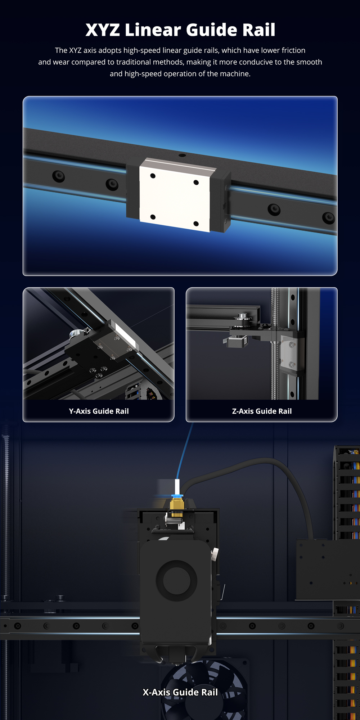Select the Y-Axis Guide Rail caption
tap(99, 411)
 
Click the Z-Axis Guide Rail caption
tap(262, 411)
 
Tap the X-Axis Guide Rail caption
tap(180, 692)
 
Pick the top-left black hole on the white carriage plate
tap(153, 176)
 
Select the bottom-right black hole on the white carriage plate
tap(196, 224)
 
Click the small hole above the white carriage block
tap(182, 156)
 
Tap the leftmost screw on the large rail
tap(58, 176)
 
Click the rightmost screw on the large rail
tap(328, 218)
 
